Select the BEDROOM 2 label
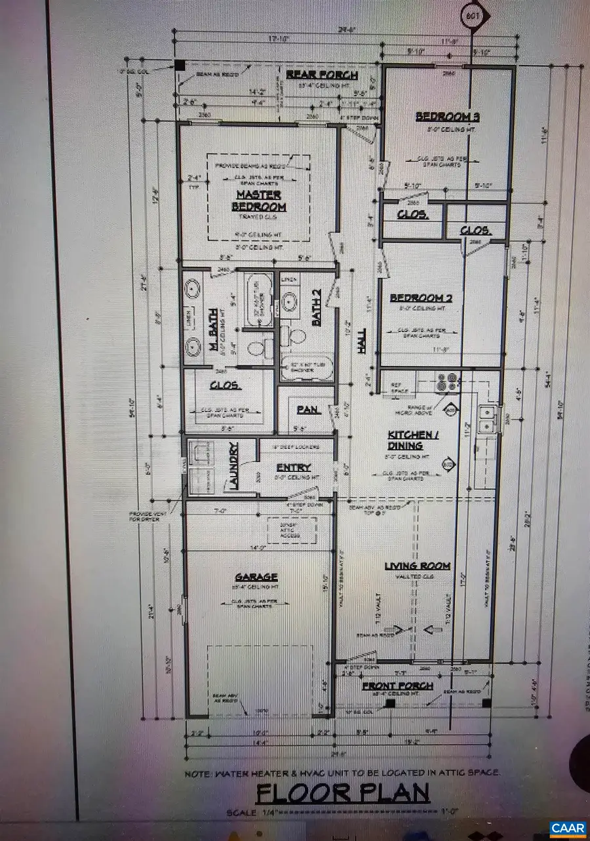[x=422, y=299]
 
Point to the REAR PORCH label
[x=322, y=75]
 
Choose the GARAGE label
[x=256, y=577]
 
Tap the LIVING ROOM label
[x=417, y=566]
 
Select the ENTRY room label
[x=293, y=468]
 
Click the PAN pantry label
[x=307, y=410]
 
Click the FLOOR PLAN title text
[x=342, y=794]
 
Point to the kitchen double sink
[x=487, y=420]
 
